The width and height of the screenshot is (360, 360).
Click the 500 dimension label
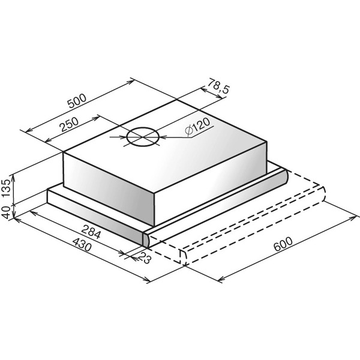click(77, 101)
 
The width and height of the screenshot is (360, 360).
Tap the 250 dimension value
click(69, 124)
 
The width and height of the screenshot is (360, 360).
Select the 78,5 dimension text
click(218, 86)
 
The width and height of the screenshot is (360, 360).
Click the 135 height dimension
click(7, 188)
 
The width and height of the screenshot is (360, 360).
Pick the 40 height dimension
click(6, 212)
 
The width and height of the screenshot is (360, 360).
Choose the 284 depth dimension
click(91, 232)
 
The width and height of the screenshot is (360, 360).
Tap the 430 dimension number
click(82, 245)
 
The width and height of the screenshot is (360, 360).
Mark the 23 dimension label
click(145, 257)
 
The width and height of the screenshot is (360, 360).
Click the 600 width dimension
click(283, 244)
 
